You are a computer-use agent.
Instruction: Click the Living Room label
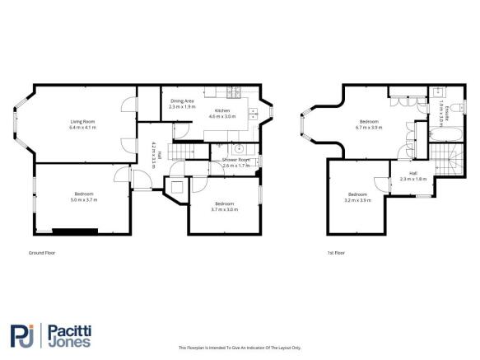click(82, 122)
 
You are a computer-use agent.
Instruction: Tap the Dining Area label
click(183, 101)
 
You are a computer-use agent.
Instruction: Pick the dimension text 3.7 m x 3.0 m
click(225, 209)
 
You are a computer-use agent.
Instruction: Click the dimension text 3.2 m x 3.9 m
click(358, 199)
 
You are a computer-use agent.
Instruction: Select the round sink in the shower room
click(237, 148)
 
